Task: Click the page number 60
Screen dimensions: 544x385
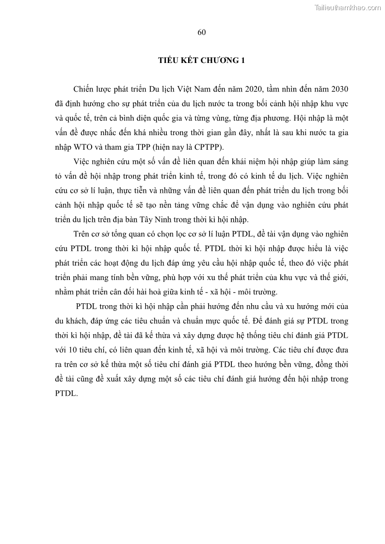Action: click(202, 32)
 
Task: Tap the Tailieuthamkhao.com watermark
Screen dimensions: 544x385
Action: click(348, 7)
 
